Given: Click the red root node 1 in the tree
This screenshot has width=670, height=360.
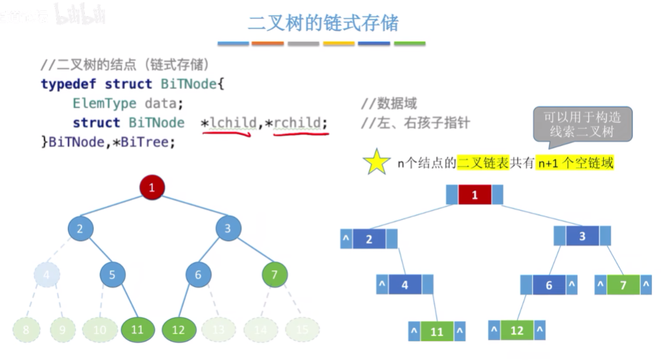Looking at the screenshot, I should [x=152, y=188].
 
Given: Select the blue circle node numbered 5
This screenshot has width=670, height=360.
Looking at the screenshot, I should [x=112, y=275].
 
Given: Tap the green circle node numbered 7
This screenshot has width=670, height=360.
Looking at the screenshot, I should [x=274, y=275].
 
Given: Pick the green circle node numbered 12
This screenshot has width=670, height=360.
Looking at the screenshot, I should [x=178, y=330].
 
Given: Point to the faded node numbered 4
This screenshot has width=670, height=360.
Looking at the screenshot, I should [x=46, y=275].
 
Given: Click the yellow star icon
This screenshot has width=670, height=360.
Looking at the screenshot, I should [x=375, y=162].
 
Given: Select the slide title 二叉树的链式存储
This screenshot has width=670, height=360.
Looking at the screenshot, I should [x=323, y=23].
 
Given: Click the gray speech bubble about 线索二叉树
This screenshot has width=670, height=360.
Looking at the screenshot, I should [x=582, y=124].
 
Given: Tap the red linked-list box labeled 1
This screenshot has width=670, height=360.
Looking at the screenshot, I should [x=475, y=195].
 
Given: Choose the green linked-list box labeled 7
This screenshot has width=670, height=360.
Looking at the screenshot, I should [x=623, y=285].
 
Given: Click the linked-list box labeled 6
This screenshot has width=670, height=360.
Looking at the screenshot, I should [x=549, y=285].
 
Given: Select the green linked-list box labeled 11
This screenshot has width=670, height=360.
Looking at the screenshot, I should [x=437, y=332].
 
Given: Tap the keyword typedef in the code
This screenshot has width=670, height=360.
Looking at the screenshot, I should [x=68, y=84].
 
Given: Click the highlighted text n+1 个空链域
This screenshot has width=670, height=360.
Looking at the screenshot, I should [x=575, y=164].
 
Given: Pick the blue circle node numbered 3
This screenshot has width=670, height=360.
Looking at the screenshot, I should [x=227, y=228].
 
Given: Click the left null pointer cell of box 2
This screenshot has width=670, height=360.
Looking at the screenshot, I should [x=346, y=239].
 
